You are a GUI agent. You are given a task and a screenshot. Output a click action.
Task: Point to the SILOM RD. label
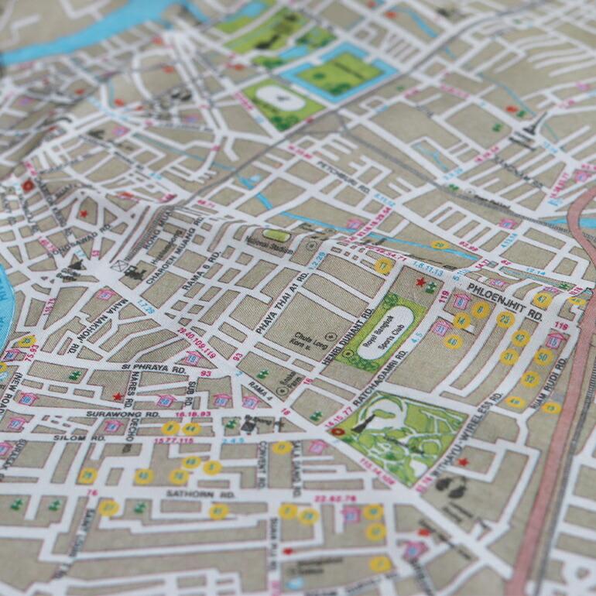click(74, 438)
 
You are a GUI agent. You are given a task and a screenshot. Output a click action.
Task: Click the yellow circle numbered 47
click(542, 300)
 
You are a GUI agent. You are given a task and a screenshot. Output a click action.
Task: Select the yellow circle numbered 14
click(461, 320)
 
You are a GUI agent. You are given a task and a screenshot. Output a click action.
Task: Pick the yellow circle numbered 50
click(544, 357)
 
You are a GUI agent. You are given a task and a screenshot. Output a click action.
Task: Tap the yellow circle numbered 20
click(440, 245)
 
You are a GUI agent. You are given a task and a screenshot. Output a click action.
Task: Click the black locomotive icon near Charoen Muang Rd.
click(135, 272)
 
